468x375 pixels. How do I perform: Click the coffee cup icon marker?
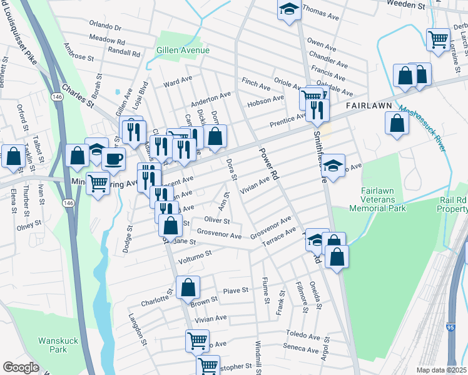coord(113,159)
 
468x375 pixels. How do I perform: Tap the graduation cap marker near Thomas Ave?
coord(288,10)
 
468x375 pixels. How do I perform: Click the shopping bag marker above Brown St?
coord(188,288)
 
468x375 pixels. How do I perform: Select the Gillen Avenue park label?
coord(183,50)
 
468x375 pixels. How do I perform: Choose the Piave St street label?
coord(236,291)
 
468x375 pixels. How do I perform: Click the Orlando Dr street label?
coord(104,27)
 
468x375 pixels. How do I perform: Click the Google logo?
coord(21,367)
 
